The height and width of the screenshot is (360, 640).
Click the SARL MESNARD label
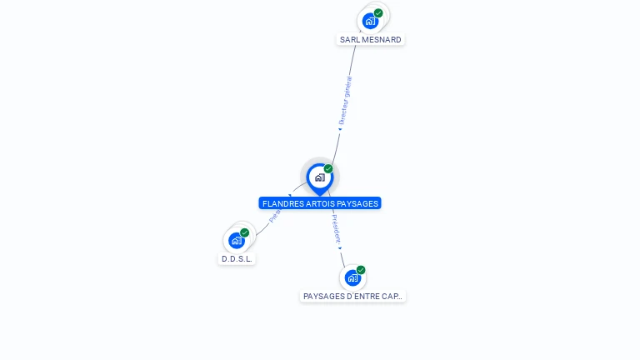(x=371, y=39)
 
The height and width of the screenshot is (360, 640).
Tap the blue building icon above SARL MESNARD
(x=370, y=21)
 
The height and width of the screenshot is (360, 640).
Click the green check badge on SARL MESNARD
(x=378, y=13)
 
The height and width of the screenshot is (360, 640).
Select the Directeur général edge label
(x=345, y=101)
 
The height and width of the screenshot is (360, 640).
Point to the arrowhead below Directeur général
(x=340, y=130)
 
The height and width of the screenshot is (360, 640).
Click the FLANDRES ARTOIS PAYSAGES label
(x=320, y=203)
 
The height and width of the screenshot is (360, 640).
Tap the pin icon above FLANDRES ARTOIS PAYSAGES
(x=319, y=177)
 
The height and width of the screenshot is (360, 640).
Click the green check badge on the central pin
(x=328, y=169)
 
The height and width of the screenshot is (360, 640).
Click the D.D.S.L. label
(x=237, y=258)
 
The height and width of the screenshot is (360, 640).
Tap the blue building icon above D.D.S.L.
(x=237, y=241)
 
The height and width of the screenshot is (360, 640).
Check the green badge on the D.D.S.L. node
(x=245, y=233)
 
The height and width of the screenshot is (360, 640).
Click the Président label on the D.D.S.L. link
(x=276, y=212)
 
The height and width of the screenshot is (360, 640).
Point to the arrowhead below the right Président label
(x=340, y=247)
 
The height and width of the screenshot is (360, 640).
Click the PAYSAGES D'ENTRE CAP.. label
(x=353, y=296)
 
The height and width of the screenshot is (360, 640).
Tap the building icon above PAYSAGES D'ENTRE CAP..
(x=352, y=278)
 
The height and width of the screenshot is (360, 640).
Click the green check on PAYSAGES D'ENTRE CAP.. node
(x=361, y=270)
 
